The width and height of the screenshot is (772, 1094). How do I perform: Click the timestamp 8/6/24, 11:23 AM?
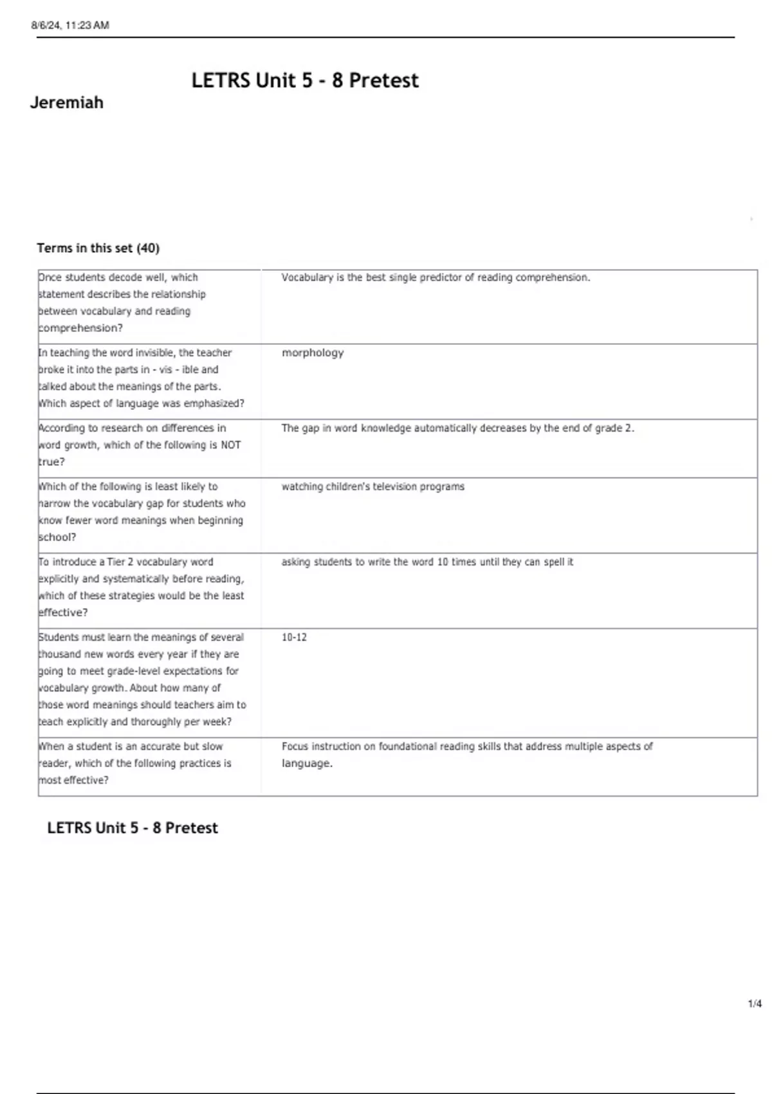(x=70, y=26)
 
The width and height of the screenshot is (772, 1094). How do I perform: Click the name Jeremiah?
(x=67, y=103)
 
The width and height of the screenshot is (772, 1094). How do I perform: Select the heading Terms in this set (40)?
(x=98, y=248)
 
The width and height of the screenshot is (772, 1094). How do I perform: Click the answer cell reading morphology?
(x=313, y=353)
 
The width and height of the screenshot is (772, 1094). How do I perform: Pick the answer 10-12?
(x=294, y=638)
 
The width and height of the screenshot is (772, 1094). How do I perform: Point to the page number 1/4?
(x=755, y=1004)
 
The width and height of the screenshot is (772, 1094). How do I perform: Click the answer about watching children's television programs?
(x=372, y=487)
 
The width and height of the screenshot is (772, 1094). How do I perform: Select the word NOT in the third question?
(x=230, y=445)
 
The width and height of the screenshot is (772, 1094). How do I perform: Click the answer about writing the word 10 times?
(x=427, y=562)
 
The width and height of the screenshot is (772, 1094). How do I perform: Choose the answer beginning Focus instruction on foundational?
(x=466, y=754)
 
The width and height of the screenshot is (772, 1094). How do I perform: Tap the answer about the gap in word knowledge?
(x=457, y=429)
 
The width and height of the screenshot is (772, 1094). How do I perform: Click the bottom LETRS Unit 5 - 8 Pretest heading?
(x=133, y=828)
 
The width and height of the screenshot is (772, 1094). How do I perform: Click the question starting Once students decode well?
(x=122, y=302)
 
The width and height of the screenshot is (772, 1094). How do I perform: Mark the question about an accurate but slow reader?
(x=135, y=763)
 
